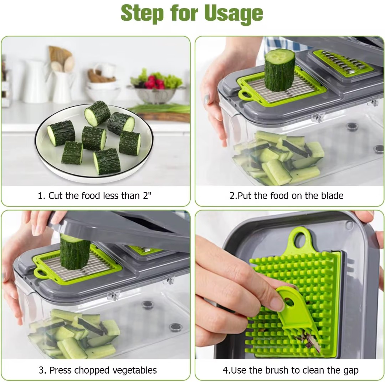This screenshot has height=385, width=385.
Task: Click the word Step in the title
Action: [x=142, y=14]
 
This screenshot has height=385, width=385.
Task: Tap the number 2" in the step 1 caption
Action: [x=147, y=196]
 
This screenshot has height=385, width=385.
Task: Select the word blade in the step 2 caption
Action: [x=332, y=196]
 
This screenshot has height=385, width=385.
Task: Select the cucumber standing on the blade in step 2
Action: [x=279, y=70]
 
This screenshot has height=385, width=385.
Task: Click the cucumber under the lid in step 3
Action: [x=75, y=252]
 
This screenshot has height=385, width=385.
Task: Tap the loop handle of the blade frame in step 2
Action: [x=245, y=95]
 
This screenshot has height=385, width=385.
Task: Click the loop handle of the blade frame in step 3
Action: [x=41, y=273]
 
